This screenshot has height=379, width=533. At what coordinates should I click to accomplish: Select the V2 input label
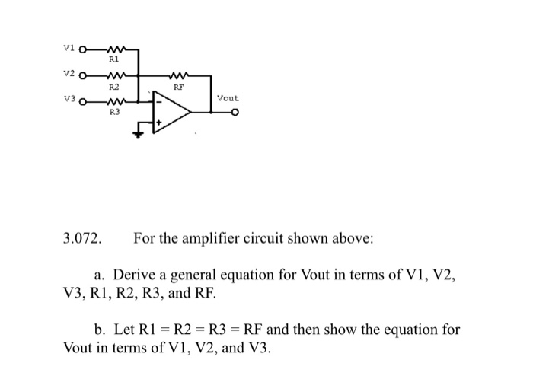(66, 75)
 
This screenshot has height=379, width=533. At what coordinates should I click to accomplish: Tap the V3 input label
(66, 100)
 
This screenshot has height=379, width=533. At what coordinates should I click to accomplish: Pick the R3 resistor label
(114, 112)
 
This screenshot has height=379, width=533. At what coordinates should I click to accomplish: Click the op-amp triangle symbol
(171, 112)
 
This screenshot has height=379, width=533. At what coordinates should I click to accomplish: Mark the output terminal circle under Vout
(236, 113)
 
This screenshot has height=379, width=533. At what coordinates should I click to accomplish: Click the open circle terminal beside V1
(83, 51)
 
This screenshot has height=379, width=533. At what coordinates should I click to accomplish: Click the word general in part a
(198, 275)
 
